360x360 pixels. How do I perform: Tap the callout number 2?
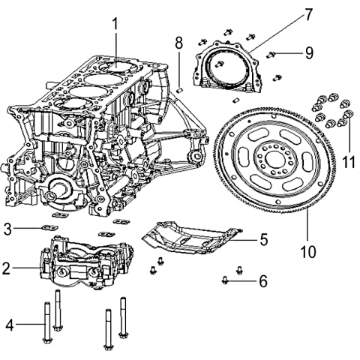(x=7, y=268)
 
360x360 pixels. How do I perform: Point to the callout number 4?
(x=10, y=324)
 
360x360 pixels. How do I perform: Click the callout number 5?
(x=263, y=239)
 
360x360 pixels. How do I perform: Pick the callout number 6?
(x=263, y=281)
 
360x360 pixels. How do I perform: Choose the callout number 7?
(x=309, y=15)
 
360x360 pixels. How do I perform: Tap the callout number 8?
(x=179, y=43)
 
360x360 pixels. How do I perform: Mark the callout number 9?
(x=309, y=53)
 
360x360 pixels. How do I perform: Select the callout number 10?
(x=308, y=252)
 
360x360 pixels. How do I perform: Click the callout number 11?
(x=348, y=162)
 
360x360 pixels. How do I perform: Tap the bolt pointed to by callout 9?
(x=271, y=54)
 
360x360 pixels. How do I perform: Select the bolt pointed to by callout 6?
(x=225, y=280)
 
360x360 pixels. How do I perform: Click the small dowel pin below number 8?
(x=180, y=90)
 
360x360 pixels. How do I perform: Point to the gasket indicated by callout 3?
(x=49, y=228)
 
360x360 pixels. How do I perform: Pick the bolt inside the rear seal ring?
(x=219, y=64)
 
